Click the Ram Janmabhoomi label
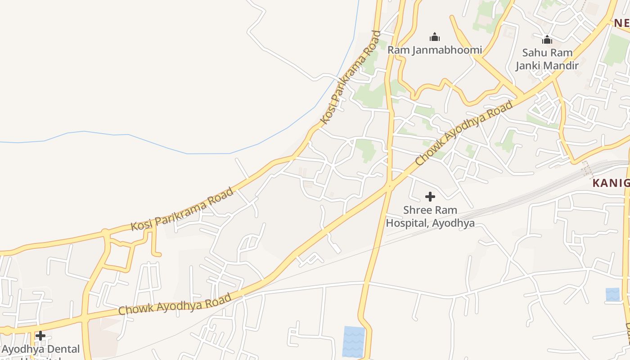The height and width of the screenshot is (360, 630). (434, 50)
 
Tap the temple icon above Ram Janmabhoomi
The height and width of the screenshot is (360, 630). (434, 37)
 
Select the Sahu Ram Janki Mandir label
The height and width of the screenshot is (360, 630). (547, 59)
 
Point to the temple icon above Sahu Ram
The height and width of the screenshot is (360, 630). (547, 40)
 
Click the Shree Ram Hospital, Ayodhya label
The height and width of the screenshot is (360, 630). (430, 216)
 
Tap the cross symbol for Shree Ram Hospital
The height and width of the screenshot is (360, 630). (430, 197)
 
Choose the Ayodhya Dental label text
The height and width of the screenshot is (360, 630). (40, 349)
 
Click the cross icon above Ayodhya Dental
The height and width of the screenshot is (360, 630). (40, 336)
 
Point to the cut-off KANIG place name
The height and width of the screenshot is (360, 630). (611, 183)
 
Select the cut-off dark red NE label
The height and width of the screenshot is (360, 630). (621, 23)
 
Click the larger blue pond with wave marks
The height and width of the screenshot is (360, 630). (354, 342)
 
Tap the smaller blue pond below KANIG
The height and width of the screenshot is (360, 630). (612, 294)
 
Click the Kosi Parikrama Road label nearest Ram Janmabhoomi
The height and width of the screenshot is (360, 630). (351, 77)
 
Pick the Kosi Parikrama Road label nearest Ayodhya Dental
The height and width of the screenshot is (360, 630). (182, 209)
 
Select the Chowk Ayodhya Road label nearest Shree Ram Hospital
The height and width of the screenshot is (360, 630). (463, 133)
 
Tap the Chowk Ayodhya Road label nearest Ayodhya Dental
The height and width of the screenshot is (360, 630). (175, 304)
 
